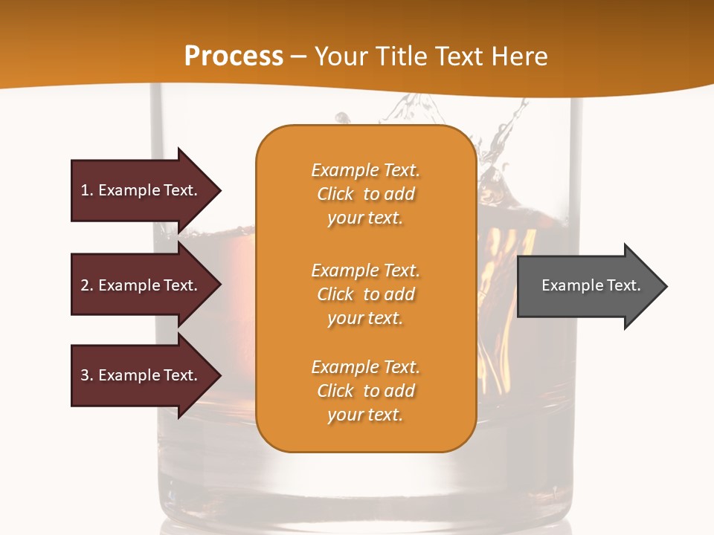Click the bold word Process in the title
click(234, 56)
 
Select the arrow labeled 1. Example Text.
click(141, 190)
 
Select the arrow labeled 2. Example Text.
click(141, 285)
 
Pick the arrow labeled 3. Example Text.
click(141, 375)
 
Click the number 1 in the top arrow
click(85, 190)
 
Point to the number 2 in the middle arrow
click(85, 285)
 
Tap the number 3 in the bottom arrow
click(85, 375)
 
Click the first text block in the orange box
click(365, 194)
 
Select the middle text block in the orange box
click(365, 294)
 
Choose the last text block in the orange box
click(365, 391)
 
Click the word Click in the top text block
click(335, 194)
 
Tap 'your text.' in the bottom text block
click(365, 415)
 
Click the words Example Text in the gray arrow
click(591, 285)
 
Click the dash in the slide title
click(298, 56)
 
